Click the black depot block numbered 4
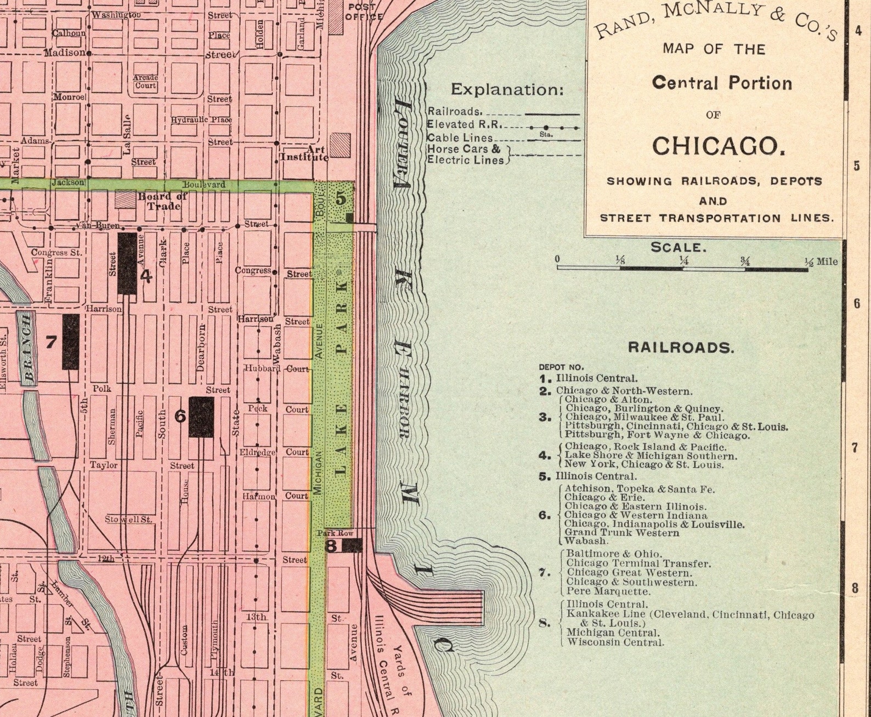tap(127, 263)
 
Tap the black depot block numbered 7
tap(70, 342)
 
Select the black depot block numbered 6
tap(201, 417)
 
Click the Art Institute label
tap(304, 153)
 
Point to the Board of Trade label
tap(162, 201)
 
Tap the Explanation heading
tap(507, 89)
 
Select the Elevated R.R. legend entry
tap(464, 124)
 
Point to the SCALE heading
tap(678, 247)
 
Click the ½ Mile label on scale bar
tap(821, 261)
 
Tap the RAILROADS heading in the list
tap(680, 347)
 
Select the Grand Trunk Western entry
tap(621, 532)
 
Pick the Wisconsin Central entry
tap(615, 642)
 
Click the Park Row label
tap(335, 533)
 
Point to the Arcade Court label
tap(145, 82)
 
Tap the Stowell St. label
tap(129, 519)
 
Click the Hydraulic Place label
tap(201, 119)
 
